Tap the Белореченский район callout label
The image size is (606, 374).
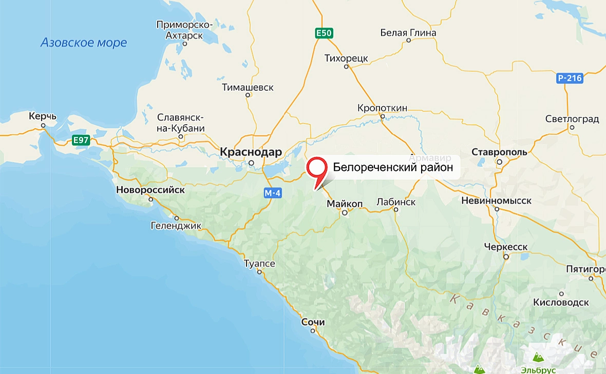tap(393, 167)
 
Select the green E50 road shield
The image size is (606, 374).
tap(324, 33)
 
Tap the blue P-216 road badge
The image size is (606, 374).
tap(570, 78)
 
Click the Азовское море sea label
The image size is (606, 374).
tap(84, 43)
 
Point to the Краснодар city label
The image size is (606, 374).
tap(251, 152)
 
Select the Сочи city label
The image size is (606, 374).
tap(313, 322)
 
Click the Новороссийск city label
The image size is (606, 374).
tap(150, 189)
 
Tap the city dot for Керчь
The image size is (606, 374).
tap(44, 125)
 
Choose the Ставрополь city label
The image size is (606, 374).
tap(500, 152)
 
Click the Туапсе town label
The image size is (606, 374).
tap(259, 264)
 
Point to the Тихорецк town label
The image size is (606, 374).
tap(347, 58)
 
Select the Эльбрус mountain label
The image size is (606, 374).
tap(538, 369)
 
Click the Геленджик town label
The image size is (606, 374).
tap(176, 225)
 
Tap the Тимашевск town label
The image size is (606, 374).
tap(248, 88)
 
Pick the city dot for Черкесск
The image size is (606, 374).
tap(506, 256)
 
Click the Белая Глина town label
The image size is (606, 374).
tap(408, 33)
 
